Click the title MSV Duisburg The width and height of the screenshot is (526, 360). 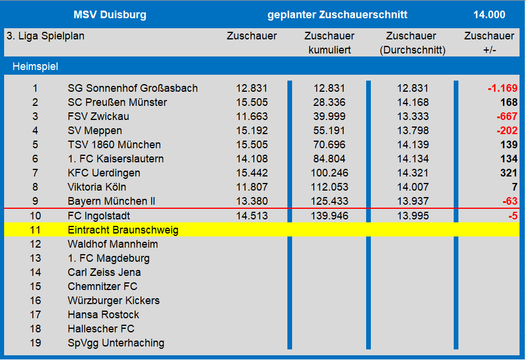point(110,15)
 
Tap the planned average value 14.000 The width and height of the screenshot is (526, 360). point(489,15)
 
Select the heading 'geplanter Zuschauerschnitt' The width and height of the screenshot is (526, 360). point(337,15)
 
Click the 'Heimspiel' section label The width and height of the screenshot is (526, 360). point(35,66)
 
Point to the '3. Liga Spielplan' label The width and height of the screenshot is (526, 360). point(45,36)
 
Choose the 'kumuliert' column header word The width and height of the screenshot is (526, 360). point(329,50)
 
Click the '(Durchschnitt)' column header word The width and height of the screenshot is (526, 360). point(413,50)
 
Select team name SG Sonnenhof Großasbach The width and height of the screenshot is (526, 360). point(132,88)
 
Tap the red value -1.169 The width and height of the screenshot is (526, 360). point(502,88)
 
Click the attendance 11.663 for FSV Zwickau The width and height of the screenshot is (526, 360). point(252,116)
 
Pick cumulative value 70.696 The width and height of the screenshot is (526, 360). point(329,145)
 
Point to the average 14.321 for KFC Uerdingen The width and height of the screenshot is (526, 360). point(413,173)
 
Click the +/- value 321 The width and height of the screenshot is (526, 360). point(508,173)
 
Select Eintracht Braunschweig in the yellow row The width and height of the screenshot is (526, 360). point(123,230)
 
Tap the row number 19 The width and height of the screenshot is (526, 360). point(35,343)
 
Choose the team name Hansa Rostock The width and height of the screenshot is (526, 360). point(103,315)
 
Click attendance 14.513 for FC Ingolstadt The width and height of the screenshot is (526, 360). point(252,216)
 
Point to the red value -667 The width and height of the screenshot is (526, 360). point(506,116)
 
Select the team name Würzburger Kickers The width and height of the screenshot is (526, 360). point(113,301)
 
